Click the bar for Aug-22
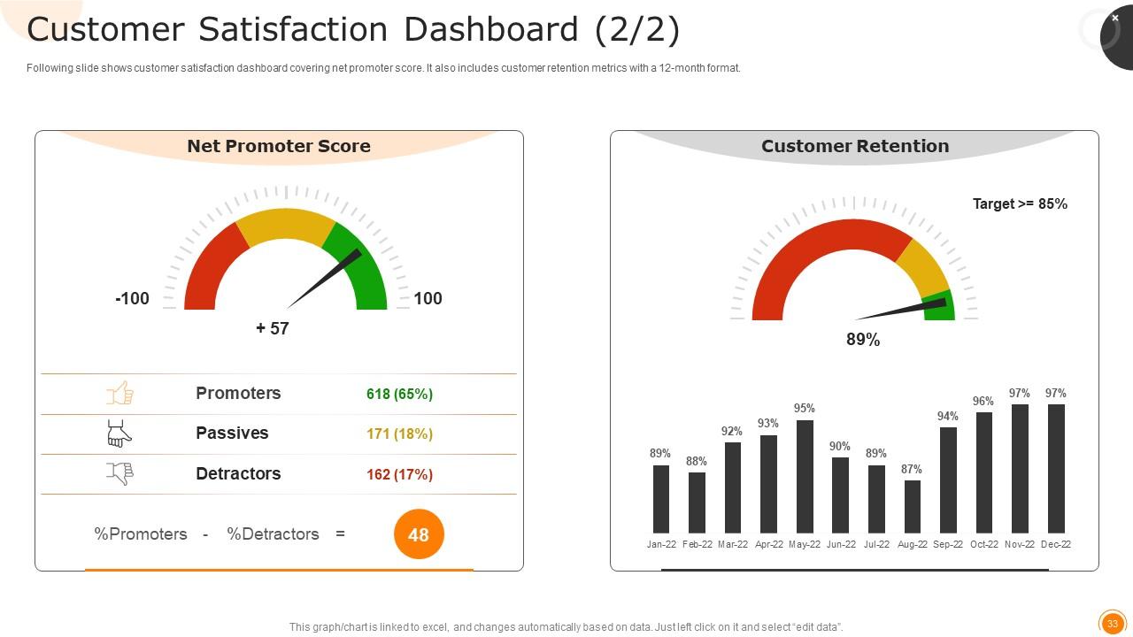click(912, 506)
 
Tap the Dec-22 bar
click(1056, 468)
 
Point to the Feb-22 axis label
click(698, 545)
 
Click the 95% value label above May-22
click(805, 409)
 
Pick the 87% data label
click(912, 470)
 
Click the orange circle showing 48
click(418, 534)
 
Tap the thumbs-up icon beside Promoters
click(119, 394)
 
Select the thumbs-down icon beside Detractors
click(119, 474)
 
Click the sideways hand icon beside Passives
click(119, 434)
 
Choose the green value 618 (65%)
click(399, 394)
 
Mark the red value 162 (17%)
click(399, 474)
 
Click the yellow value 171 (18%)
click(399, 434)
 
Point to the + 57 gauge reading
click(273, 328)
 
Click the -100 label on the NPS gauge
click(132, 298)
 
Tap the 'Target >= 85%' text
click(1020, 203)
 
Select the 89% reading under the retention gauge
click(863, 340)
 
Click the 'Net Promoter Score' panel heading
click(279, 146)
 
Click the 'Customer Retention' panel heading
click(855, 146)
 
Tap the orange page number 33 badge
click(1112, 624)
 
